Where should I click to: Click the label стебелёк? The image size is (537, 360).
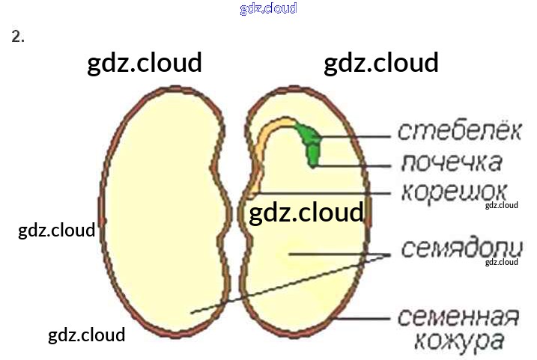coord(458,132)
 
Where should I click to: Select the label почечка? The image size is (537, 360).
coord(451,162)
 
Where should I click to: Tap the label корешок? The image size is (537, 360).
coord(455,191)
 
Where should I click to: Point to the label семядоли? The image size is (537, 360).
coord(460,248)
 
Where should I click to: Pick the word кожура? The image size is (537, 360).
coord(460,343)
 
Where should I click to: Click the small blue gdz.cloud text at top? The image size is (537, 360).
coord(268,8)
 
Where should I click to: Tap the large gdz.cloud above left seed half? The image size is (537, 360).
coord(145,64)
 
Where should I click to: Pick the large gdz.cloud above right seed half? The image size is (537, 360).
coord(380,64)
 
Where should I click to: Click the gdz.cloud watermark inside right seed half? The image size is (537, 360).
coord(306,213)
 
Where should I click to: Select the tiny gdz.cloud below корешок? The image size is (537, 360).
coord(501,205)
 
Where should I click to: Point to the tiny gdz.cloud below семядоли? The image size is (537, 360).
coord(501,262)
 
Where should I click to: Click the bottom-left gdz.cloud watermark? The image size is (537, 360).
coord(86,335)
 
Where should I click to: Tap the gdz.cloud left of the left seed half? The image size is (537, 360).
coord(56,230)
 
